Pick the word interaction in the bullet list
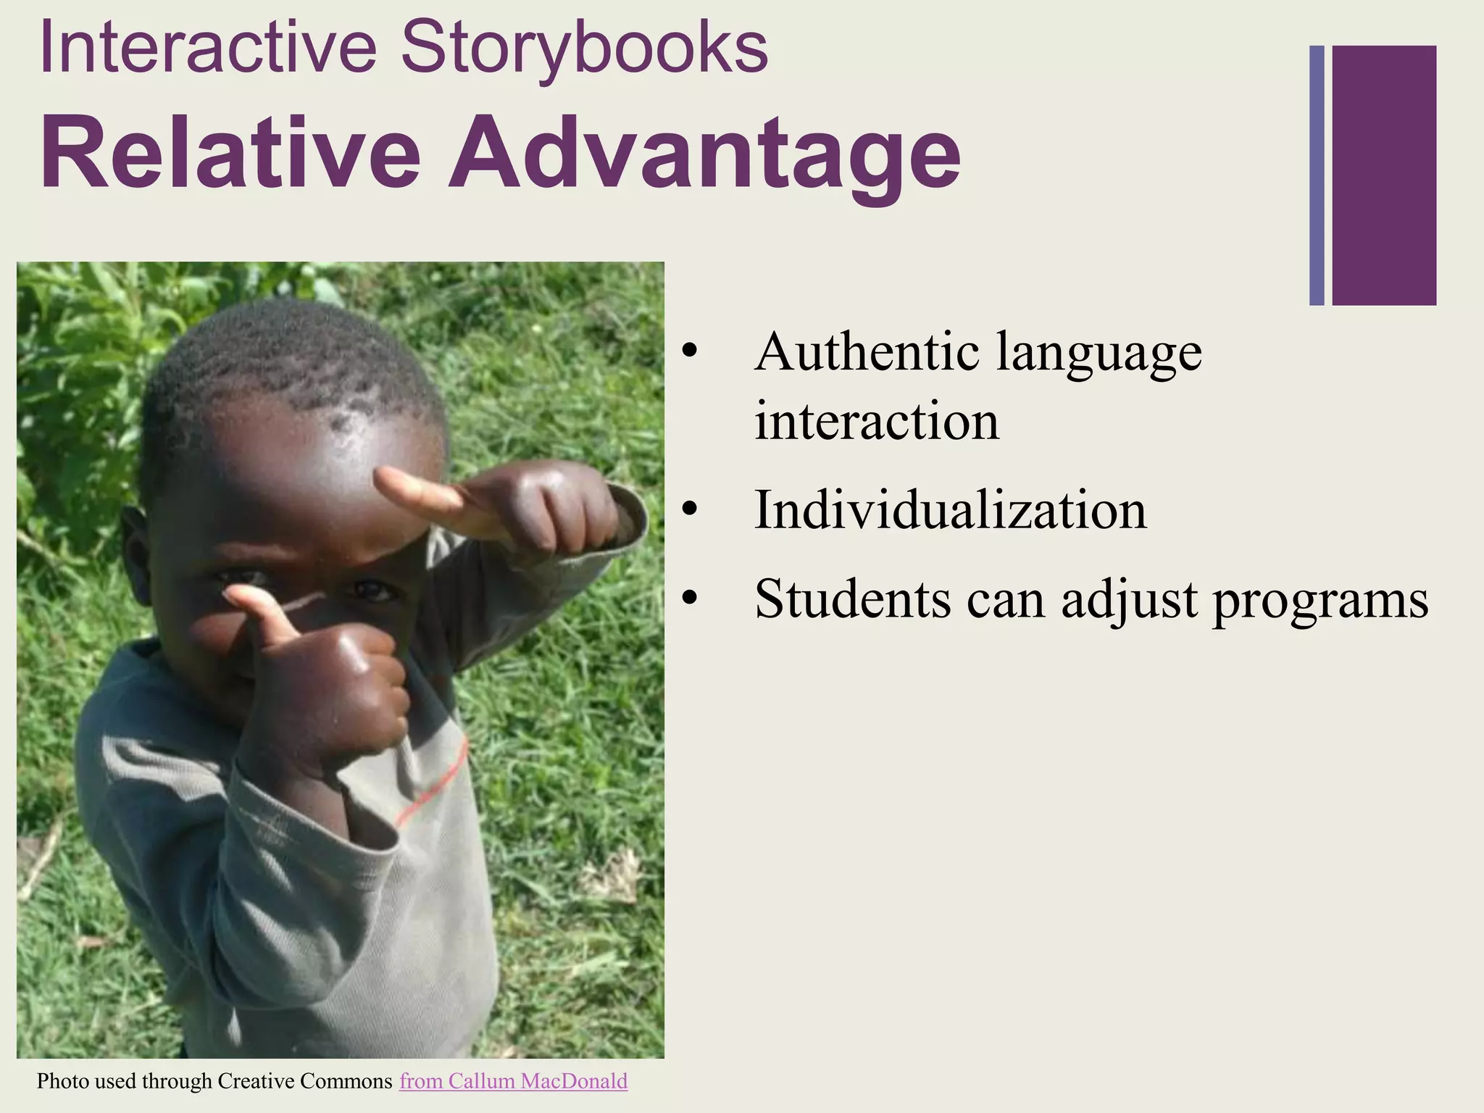[877, 421]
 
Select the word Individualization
[950, 509]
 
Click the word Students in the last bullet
[852, 599]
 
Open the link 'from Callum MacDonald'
[513, 1081]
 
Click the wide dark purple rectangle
[1384, 175]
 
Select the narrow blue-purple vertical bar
[1317, 175]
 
